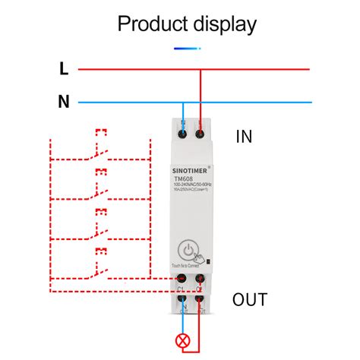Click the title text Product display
click(187, 24)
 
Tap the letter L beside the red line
click(64, 69)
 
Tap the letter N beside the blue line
click(65, 101)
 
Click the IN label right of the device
click(244, 137)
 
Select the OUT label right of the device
click(250, 299)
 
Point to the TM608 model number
click(183, 180)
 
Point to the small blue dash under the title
click(187, 48)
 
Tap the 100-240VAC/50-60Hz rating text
click(191, 187)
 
